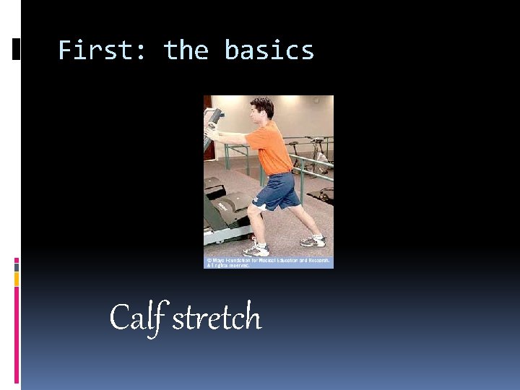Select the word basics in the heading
tap(269, 51)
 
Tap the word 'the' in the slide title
tap(186, 51)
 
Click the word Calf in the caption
tap(138, 317)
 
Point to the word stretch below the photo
tap(217, 318)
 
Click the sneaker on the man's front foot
tap(256, 250)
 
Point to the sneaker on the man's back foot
tap(313, 240)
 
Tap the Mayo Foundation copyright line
tap(268, 259)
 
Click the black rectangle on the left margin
tap(17, 48)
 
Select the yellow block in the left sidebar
tap(17, 278)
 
